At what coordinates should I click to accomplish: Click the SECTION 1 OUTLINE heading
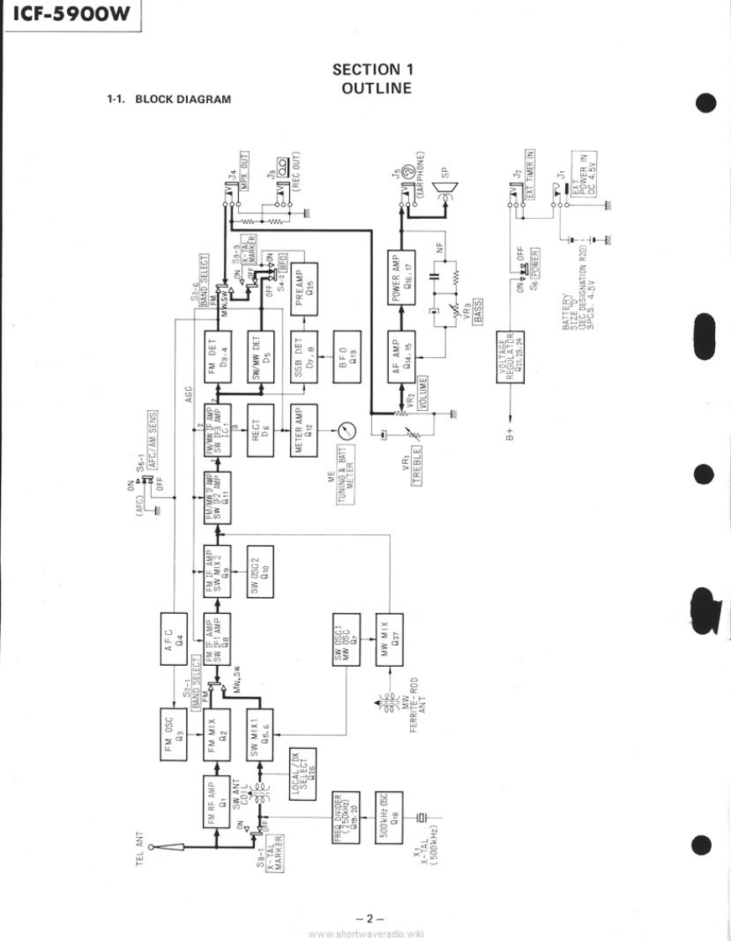[372, 77]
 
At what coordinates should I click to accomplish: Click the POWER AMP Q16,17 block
[402, 282]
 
